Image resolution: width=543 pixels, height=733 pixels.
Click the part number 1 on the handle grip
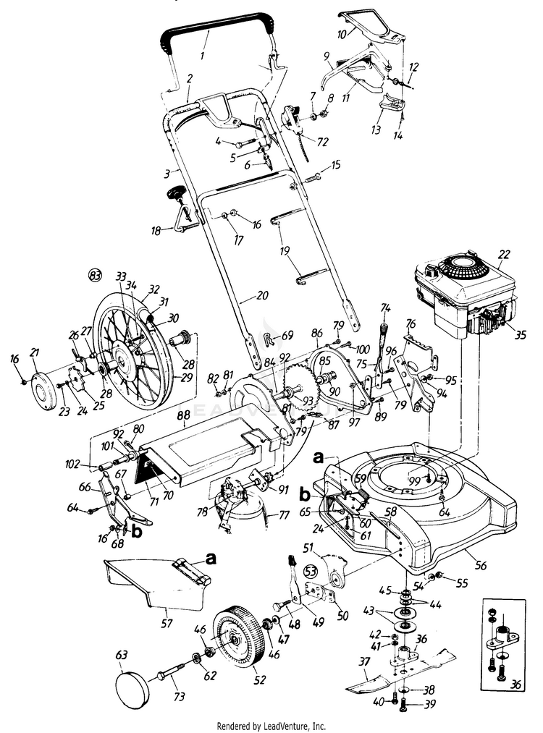pyautogui.click(x=203, y=54)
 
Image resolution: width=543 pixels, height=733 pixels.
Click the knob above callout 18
pyautogui.click(x=177, y=192)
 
